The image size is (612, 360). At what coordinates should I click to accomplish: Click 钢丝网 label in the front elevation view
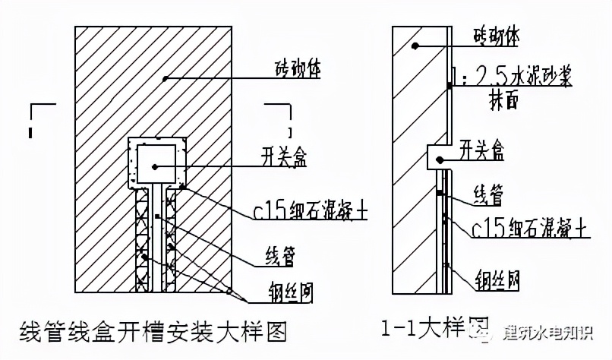pos(292,291)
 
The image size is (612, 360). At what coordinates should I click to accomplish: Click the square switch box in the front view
pos(156,164)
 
